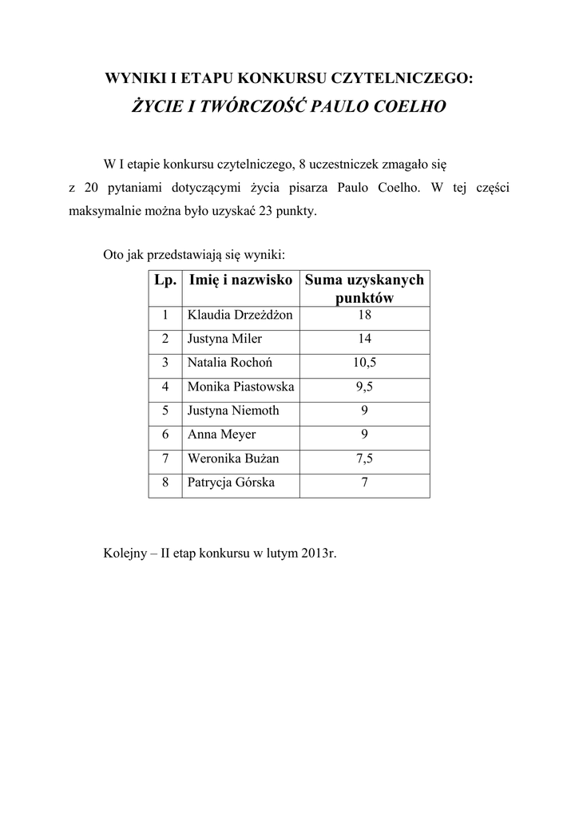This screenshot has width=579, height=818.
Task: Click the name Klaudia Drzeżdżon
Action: click(240, 316)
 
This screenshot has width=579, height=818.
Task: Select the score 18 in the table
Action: click(365, 316)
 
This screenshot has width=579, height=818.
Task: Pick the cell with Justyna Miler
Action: click(219, 340)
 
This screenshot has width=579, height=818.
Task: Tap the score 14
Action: click(365, 340)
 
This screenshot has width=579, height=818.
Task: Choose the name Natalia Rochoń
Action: click(230, 363)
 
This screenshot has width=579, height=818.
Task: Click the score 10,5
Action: click(365, 363)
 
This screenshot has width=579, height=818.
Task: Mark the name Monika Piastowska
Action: click(240, 387)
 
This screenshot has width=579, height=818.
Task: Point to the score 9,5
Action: click(365, 387)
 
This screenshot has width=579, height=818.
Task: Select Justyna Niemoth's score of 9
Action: click(365, 411)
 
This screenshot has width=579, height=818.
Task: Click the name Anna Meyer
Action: click(221, 435)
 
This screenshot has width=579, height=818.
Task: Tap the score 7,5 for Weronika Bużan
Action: click(365, 459)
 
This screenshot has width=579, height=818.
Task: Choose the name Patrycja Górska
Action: click(231, 483)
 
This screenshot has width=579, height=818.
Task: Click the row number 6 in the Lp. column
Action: click(165, 435)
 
